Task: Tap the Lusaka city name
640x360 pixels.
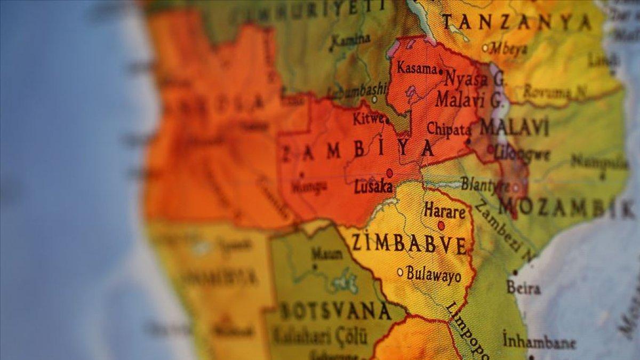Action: point(373,187)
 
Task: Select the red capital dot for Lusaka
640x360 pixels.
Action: point(389,173)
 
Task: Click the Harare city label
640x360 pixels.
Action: point(445,211)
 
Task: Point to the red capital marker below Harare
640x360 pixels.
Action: point(441,226)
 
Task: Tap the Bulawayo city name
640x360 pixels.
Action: point(434,274)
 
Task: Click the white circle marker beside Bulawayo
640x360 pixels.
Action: point(400,272)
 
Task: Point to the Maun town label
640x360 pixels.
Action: point(326,253)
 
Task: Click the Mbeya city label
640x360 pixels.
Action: point(509,48)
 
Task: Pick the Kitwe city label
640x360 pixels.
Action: point(367,118)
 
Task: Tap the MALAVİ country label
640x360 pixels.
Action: point(514,128)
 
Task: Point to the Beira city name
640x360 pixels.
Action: point(523,288)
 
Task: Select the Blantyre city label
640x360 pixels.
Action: point(485,185)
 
